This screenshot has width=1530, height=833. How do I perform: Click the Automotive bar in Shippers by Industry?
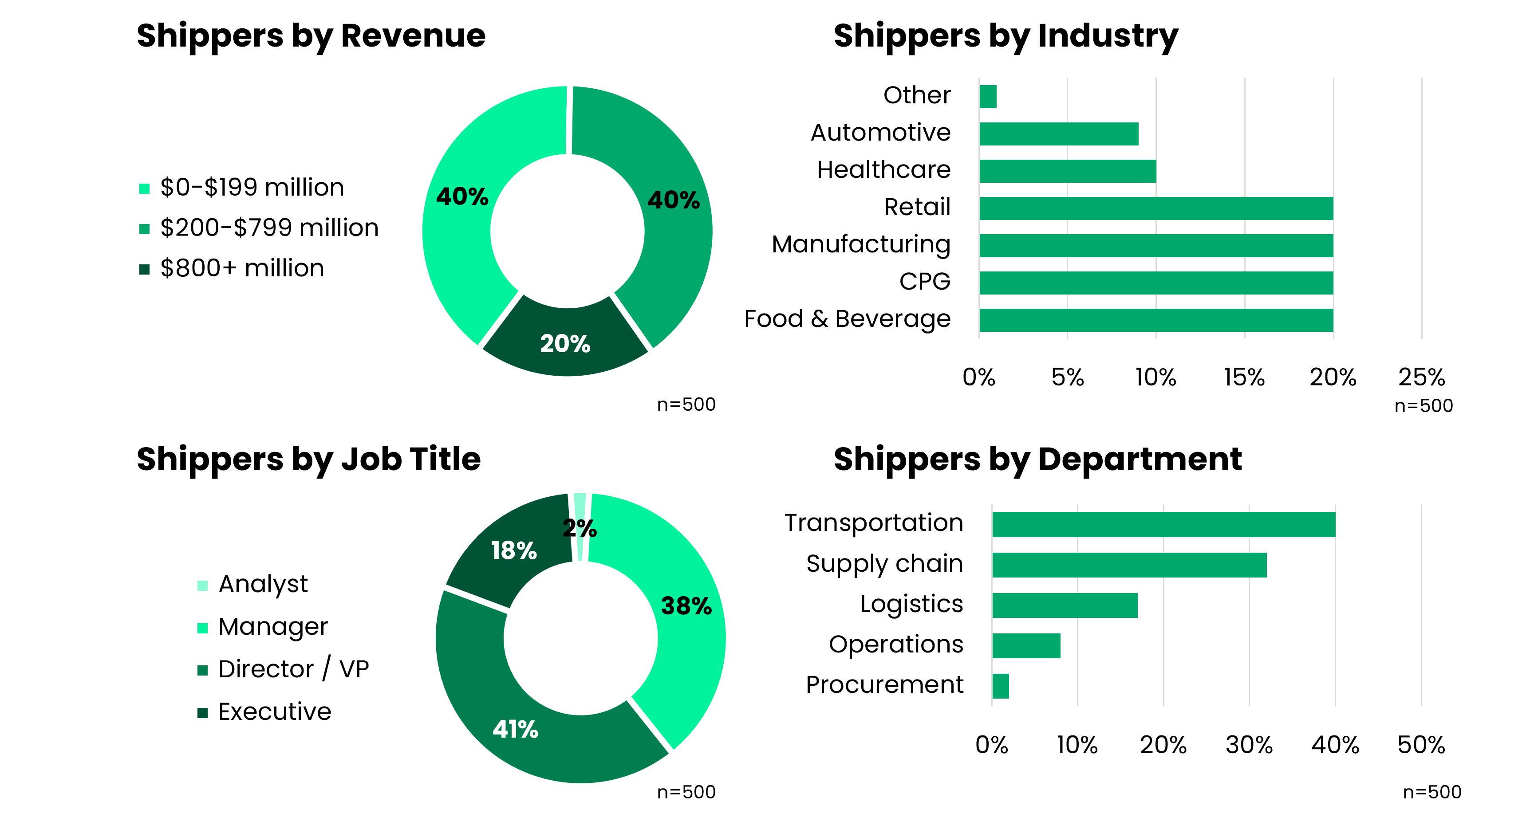1058,134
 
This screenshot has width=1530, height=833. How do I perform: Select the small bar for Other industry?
988,96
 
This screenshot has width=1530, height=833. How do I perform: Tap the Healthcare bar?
1067,171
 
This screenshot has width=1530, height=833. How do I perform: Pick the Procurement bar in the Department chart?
1000,686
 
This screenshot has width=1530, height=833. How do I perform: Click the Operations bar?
1026,645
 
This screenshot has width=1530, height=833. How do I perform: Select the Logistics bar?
1065,605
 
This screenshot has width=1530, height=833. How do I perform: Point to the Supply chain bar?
1128,565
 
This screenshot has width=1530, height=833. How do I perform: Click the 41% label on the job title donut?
515,729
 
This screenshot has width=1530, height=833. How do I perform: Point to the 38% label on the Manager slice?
686,605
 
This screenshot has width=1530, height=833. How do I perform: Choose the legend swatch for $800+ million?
144,269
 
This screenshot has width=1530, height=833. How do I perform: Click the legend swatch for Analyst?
202,585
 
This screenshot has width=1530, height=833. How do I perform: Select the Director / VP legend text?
293,669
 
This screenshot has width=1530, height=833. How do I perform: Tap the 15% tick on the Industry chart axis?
1244,377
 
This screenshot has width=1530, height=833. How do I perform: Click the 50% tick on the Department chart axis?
1421,745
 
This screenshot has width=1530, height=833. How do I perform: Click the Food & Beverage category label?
847,319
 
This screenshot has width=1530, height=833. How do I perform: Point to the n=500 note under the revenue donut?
686,405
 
